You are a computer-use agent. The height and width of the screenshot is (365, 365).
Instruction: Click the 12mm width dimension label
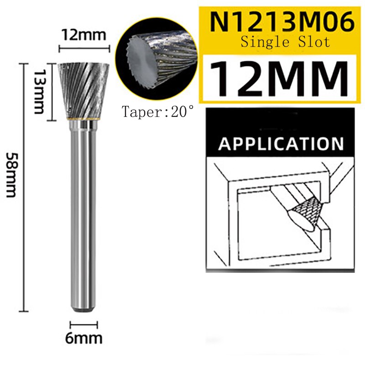[84, 35]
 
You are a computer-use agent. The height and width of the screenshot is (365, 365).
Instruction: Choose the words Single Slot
[285, 42]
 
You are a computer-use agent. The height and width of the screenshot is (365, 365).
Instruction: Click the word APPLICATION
[281, 143]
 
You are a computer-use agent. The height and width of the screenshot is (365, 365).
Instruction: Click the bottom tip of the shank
[84, 310]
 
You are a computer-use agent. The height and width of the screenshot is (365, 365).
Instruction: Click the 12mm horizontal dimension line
[84, 47]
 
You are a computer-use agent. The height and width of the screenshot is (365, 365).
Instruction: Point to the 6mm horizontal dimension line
[84, 325]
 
